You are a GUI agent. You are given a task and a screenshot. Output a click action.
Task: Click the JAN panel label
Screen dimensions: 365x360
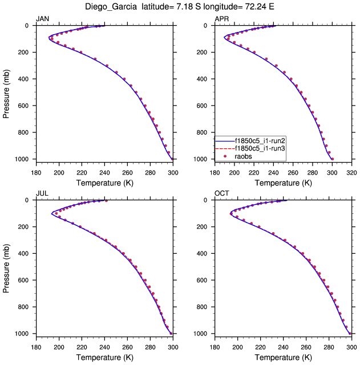click(43, 19)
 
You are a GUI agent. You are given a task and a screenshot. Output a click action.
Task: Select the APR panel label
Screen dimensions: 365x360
click(222, 19)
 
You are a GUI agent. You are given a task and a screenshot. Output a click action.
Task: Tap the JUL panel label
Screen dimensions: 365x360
click(42, 193)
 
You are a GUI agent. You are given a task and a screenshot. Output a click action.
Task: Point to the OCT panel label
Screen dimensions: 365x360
click(222, 193)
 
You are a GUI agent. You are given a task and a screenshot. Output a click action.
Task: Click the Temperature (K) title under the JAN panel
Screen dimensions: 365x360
click(104, 183)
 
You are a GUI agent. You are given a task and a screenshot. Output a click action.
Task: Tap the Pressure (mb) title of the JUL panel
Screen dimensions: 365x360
click(7, 267)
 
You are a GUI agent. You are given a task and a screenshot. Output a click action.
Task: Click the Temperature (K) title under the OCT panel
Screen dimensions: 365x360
click(284, 358)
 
